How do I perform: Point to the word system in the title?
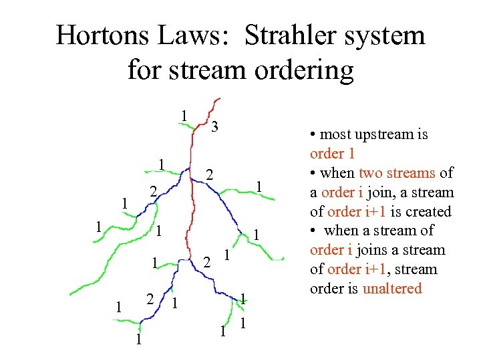click(x=387, y=35)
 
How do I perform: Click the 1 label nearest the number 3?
click(x=183, y=115)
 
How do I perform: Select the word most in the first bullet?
click(x=337, y=134)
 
